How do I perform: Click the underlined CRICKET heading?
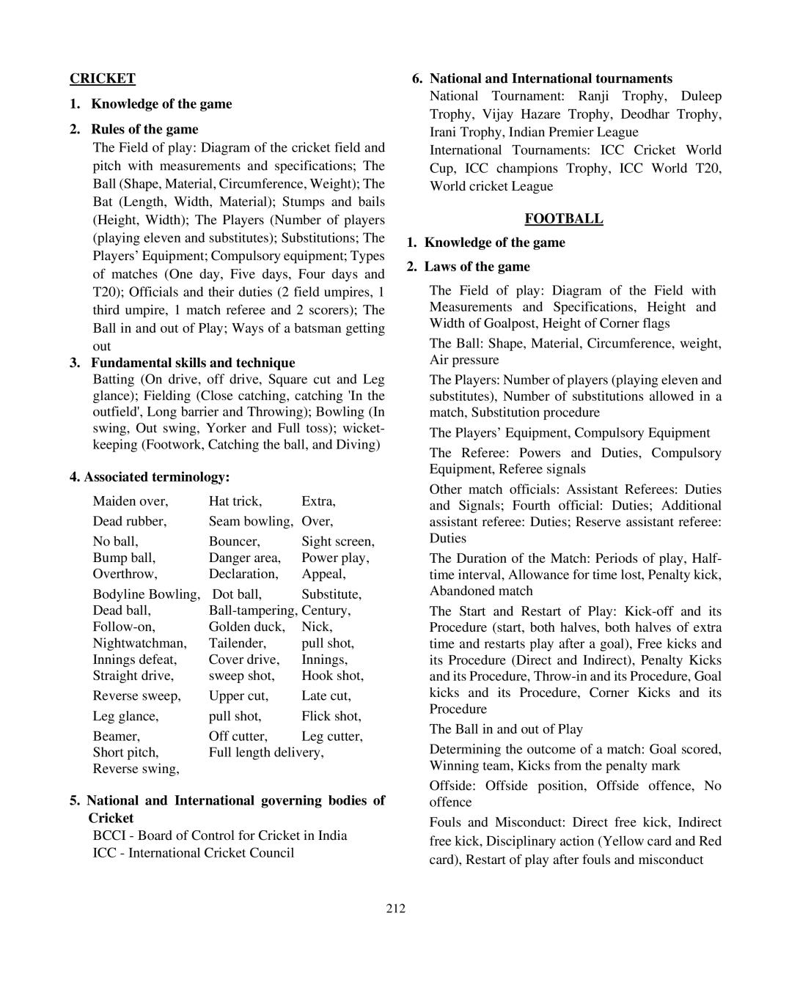pyautogui.click(x=103, y=78)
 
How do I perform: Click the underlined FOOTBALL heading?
pyautogui.click(x=563, y=218)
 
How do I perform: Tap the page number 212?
pyautogui.click(x=395, y=909)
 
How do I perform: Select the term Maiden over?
pyautogui.click(x=130, y=501)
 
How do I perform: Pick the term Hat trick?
pyautogui.click(x=235, y=501)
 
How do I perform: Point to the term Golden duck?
pyautogui.click(x=246, y=627)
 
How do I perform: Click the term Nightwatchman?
pyautogui.click(x=139, y=643)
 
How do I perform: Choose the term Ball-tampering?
pyautogui.click(x=252, y=610)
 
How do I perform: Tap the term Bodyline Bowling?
pyautogui.click(x=146, y=594)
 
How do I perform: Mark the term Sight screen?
pyautogui.click(x=337, y=542)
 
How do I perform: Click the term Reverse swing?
pyautogui.click(x=136, y=769)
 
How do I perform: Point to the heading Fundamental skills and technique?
pyautogui.click(x=192, y=363)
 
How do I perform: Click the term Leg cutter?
pyautogui.click(x=331, y=737)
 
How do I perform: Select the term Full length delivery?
pyautogui.click(x=265, y=753)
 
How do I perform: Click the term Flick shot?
pyautogui.click(x=331, y=716)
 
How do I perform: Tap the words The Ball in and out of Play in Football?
pyautogui.click(x=506, y=729)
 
